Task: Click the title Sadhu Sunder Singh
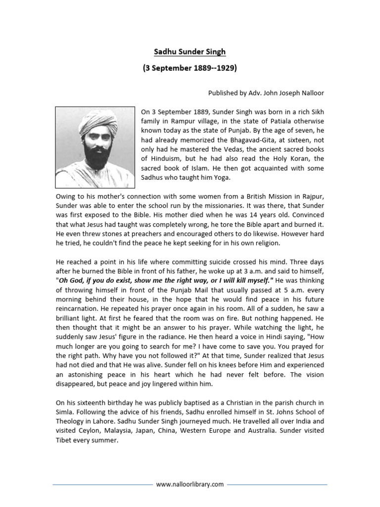[190, 52]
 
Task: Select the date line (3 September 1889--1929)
[190, 68]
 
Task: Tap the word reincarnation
[79, 308]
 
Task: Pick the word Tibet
[64, 440]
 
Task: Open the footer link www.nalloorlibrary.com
[190, 484]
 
